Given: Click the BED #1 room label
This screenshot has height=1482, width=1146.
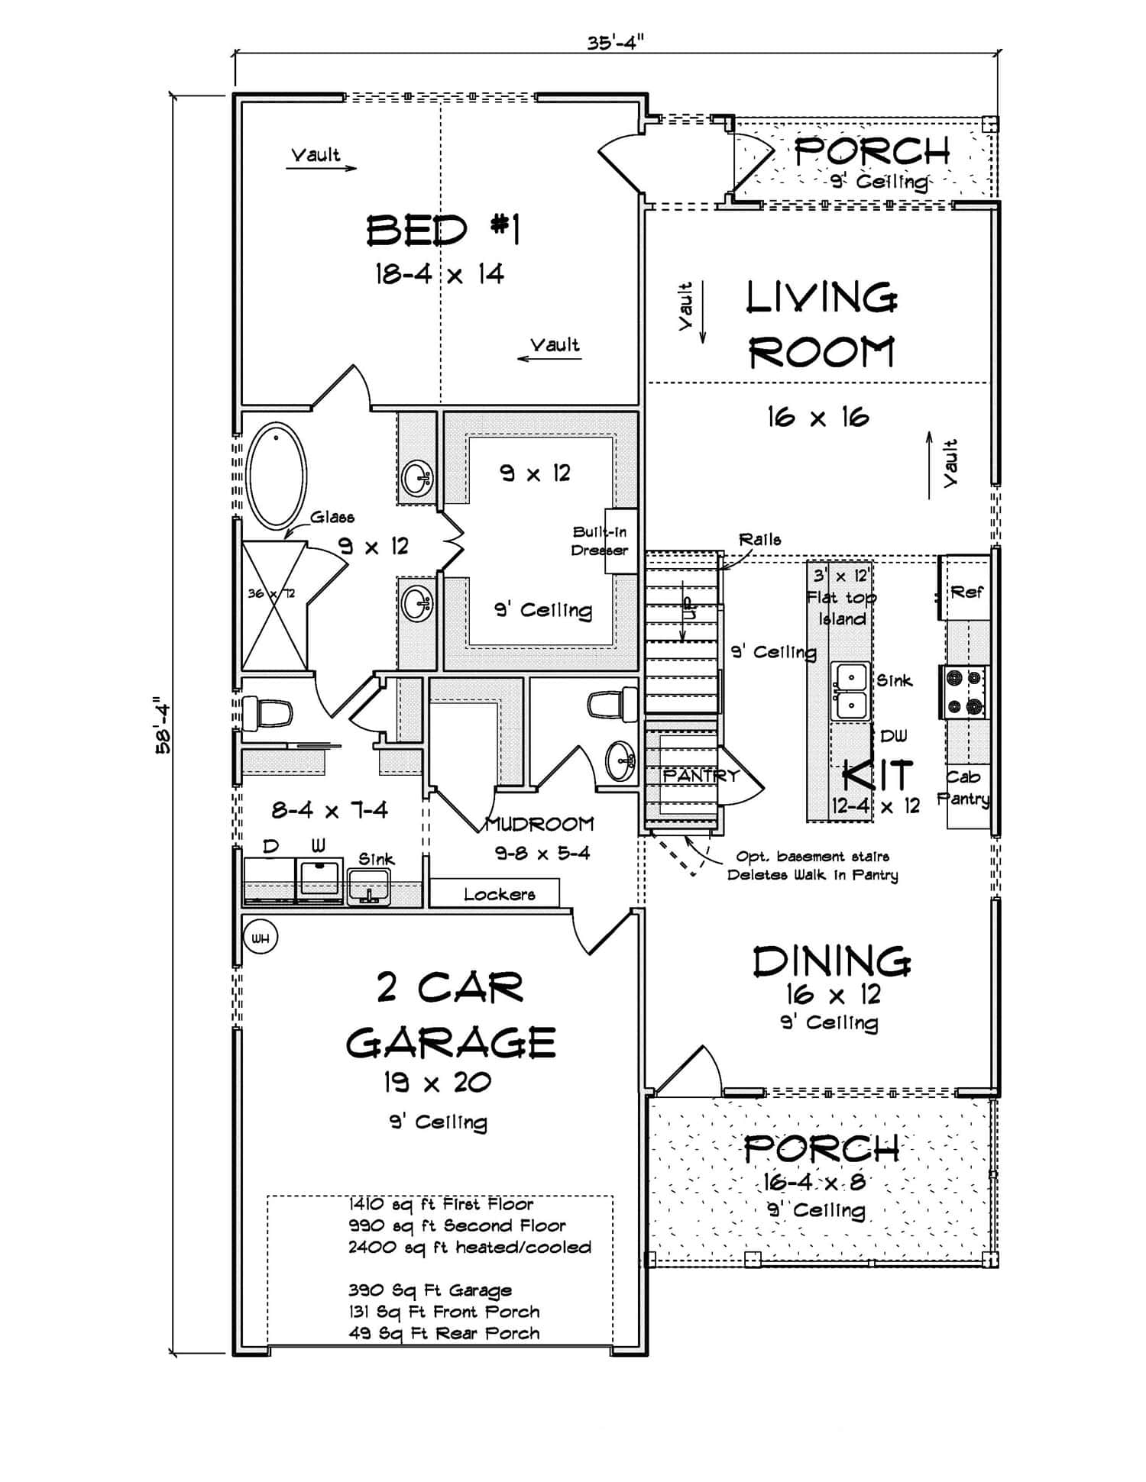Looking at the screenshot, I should [443, 230].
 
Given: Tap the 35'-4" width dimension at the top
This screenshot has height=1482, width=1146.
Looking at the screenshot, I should [616, 42].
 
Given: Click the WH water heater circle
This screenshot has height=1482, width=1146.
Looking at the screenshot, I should [261, 938].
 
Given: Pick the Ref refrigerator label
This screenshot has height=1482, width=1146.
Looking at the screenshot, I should [966, 592].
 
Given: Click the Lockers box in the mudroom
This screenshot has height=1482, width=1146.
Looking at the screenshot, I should [499, 893].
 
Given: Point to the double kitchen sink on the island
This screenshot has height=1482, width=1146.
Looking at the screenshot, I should [850, 691].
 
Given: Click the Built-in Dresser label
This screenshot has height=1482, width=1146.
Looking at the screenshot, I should [601, 541].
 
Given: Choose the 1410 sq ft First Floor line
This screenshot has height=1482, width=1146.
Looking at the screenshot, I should [441, 1204].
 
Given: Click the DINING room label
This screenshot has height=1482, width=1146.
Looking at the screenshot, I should [831, 962].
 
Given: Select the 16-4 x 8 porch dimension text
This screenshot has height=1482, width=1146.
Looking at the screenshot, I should [814, 1183].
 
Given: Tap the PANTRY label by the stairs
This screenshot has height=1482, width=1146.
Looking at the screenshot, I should [701, 775].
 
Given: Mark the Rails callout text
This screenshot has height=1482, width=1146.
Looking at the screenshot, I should [759, 539].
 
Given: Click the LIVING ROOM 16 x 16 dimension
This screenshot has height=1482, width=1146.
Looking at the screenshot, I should [817, 417].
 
